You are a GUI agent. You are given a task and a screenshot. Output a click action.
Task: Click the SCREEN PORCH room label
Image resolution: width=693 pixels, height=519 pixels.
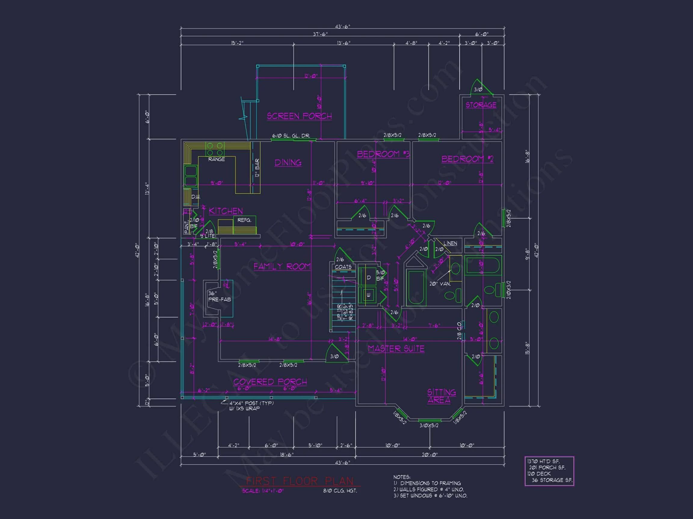point(299,116)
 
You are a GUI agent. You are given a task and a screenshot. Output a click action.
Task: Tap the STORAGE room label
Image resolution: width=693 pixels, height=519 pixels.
point(481,105)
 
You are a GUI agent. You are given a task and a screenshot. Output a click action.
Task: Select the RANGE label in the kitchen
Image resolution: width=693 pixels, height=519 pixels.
point(217,159)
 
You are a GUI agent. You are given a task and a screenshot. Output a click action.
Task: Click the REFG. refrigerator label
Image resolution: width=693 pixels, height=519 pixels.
point(244,220)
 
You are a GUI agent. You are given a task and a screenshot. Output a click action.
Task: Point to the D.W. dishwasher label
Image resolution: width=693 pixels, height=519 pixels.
point(196,197)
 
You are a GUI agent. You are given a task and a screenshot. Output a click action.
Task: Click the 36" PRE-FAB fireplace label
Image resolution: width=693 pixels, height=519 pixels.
point(219,296)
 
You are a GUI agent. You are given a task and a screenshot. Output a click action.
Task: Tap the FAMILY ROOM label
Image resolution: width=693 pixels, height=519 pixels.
point(282,266)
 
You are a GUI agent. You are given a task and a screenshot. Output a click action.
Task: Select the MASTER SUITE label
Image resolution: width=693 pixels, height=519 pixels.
point(396,348)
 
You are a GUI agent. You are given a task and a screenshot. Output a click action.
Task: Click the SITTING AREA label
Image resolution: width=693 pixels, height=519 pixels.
point(441,396)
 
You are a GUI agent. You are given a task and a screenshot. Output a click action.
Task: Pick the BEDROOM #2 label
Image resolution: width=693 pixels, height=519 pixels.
point(467,159)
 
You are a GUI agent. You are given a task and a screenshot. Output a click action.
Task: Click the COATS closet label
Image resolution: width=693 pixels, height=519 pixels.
point(343,267)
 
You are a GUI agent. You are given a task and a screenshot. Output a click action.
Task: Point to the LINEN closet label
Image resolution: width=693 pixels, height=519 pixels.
point(450,243)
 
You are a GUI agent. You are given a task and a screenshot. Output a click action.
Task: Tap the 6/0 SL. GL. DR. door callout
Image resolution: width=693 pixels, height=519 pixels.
point(291,136)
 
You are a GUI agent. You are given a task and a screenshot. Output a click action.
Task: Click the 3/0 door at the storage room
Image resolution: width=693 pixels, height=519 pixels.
point(478,90)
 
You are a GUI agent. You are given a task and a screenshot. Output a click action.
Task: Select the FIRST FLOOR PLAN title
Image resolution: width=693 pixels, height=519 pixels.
point(300,481)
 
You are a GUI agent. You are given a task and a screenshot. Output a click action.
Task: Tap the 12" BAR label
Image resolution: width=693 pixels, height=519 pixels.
point(257,168)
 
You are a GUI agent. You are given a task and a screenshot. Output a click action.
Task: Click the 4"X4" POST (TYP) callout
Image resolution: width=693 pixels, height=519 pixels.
point(251,403)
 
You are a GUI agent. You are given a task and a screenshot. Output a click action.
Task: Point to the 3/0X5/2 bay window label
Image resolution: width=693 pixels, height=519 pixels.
point(429,426)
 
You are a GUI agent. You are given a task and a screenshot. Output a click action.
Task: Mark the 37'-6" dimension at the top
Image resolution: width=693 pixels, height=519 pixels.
point(320,34)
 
